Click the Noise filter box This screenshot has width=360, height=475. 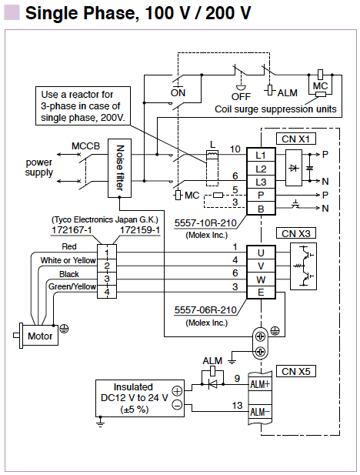coord(119,168)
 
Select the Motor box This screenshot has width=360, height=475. coord(40,336)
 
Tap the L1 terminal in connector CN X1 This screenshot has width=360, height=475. coord(261,155)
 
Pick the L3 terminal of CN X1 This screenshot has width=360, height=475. coord(261,182)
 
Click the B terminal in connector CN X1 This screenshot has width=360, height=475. coord(261,209)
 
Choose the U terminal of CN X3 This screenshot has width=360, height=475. coord(261,253)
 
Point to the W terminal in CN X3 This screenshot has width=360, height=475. coord(261,279)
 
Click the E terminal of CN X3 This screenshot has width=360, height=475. coord(261,293)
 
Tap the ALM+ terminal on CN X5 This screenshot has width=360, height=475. coord(260,384)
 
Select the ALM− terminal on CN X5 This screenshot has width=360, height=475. coord(260,412)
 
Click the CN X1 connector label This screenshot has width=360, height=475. coord(296,139)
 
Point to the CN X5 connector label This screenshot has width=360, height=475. coord(296,371)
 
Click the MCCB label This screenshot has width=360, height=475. coord(85,146)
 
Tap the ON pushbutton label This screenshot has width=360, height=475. coord(178,92)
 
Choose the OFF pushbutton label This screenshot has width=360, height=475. coord(241,97)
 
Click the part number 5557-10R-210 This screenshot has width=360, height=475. coord(205,223)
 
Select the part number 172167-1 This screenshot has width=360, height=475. coord(72,230)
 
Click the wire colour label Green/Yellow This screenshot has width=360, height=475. coord(72,286)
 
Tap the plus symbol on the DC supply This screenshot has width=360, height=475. coord(177,391)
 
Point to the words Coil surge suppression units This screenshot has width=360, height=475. coord(275,109)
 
